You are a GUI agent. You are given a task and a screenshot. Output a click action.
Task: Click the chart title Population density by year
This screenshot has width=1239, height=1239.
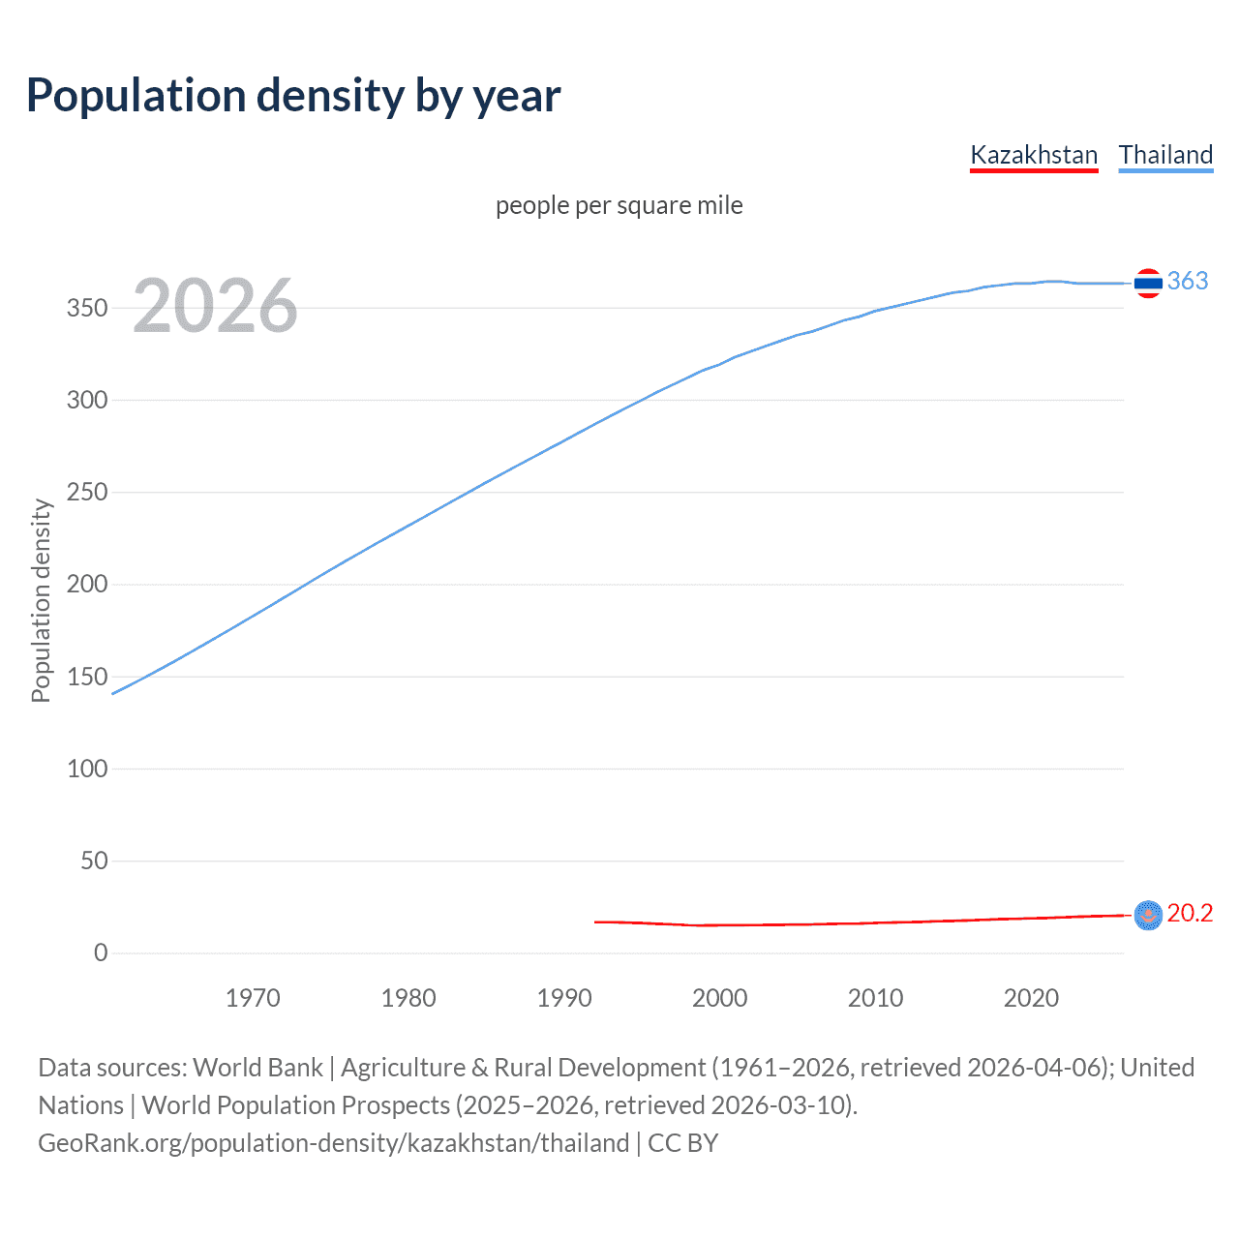tap(293, 96)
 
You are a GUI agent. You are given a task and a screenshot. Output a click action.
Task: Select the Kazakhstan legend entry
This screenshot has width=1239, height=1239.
tap(1034, 155)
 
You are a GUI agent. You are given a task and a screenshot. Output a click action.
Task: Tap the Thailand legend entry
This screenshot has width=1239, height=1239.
tap(1165, 155)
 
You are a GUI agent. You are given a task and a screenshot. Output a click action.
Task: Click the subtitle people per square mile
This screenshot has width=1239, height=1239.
tap(619, 205)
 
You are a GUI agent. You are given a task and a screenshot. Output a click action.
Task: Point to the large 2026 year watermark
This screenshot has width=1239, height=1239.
tap(215, 306)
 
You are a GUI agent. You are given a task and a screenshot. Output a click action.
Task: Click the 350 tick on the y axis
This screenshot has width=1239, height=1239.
tap(87, 308)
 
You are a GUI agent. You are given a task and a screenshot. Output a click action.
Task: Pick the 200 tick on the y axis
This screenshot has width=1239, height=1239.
tap(87, 584)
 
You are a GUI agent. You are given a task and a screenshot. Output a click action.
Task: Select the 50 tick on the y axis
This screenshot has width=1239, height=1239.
tap(94, 861)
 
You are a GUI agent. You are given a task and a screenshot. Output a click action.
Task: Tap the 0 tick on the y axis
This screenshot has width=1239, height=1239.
tap(101, 952)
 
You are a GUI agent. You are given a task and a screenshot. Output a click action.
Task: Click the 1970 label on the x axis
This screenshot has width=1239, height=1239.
tap(253, 998)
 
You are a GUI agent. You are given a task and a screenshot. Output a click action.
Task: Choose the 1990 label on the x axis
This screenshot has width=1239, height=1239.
tap(564, 998)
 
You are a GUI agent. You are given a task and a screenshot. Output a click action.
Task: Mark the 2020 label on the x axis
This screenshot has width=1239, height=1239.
tap(1031, 998)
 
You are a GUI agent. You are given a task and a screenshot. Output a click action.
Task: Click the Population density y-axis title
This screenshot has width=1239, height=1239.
tap(41, 600)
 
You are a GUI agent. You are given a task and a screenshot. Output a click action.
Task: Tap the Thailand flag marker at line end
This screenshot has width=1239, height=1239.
tap(1148, 283)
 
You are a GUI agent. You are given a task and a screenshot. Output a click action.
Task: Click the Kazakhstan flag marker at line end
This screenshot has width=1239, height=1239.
tap(1148, 915)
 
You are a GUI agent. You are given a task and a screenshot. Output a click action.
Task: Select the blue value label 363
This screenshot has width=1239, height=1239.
tap(1188, 281)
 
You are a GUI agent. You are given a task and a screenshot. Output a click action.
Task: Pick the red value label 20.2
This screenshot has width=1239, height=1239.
tap(1190, 913)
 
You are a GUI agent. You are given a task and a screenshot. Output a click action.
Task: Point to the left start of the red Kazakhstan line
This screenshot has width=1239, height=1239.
tap(596, 922)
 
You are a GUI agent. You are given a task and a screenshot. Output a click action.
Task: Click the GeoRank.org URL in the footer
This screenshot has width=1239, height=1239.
tap(334, 1143)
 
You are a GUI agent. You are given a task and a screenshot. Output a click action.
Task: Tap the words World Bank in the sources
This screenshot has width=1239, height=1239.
tap(257, 1068)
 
